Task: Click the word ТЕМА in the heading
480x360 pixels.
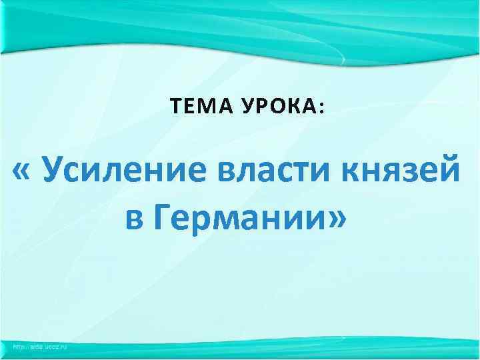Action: pyautogui.click(x=193, y=105)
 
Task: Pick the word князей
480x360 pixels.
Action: pyautogui.click(x=400, y=172)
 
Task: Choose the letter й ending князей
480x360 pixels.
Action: pyautogui.click(x=450, y=172)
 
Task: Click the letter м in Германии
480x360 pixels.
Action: pyautogui.click(x=227, y=219)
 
